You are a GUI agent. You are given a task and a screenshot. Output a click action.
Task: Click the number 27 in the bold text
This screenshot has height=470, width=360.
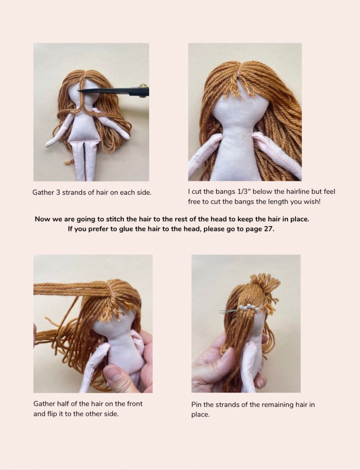coord(268,229)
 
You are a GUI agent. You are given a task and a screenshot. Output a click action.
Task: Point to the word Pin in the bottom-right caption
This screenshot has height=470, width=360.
coord(197,405)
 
